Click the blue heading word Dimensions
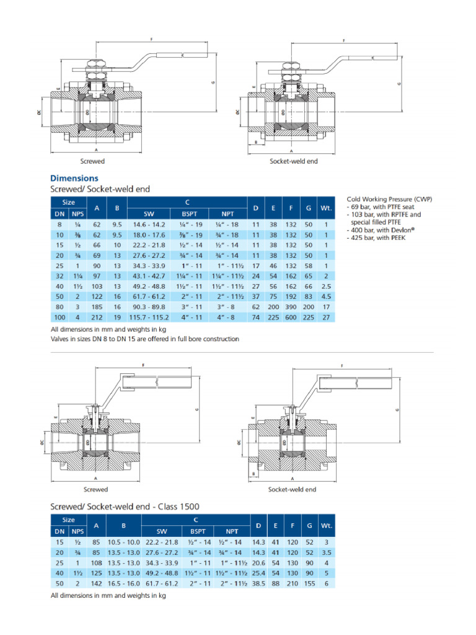click(x=74, y=178)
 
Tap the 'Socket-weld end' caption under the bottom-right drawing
click(x=292, y=489)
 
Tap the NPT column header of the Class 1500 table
click(x=232, y=531)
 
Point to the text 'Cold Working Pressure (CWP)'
click(x=389, y=199)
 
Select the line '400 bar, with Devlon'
click(x=379, y=230)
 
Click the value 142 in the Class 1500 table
click(x=97, y=584)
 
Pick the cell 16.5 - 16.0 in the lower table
click(x=124, y=584)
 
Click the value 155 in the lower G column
click(x=309, y=584)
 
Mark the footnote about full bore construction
click(x=144, y=339)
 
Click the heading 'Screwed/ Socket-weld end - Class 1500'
click(x=125, y=507)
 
